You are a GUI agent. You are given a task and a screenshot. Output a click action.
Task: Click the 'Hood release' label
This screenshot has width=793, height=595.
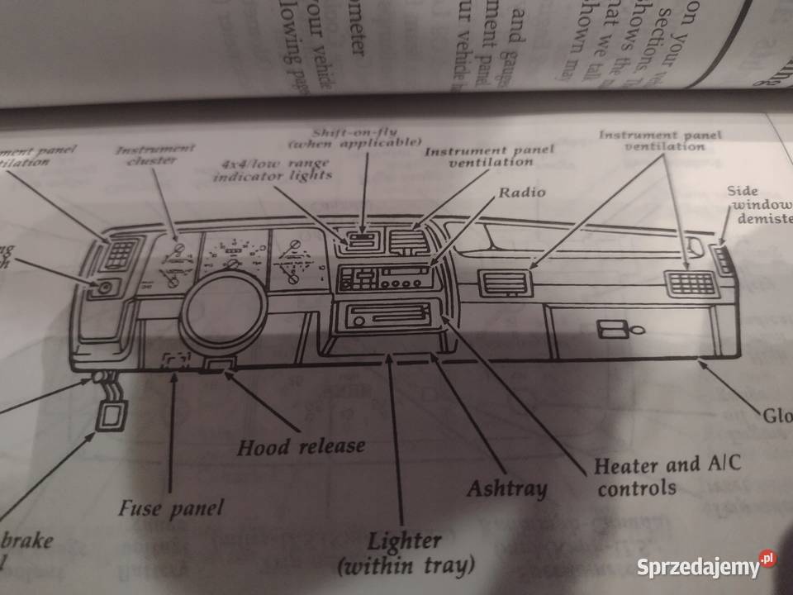pyautogui.click(x=301, y=447)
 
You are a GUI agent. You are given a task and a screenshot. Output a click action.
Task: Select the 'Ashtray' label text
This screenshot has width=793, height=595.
pyautogui.click(x=506, y=488)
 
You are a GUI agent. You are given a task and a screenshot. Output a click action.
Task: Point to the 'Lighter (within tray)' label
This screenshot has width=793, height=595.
pyautogui.click(x=405, y=555)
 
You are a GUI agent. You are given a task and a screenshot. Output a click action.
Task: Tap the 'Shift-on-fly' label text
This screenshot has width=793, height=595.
pyautogui.click(x=368, y=136)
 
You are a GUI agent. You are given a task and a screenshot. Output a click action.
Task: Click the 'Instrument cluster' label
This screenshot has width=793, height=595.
pyautogui.click(x=154, y=154)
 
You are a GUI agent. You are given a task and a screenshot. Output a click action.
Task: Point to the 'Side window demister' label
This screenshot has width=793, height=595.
pyautogui.click(x=755, y=205)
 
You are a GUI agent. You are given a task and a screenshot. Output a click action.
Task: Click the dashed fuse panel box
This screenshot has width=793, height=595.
pyautogui.click(x=176, y=361)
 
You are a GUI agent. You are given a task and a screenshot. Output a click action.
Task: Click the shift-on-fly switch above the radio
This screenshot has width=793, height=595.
pyautogui.click(x=361, y=242)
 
